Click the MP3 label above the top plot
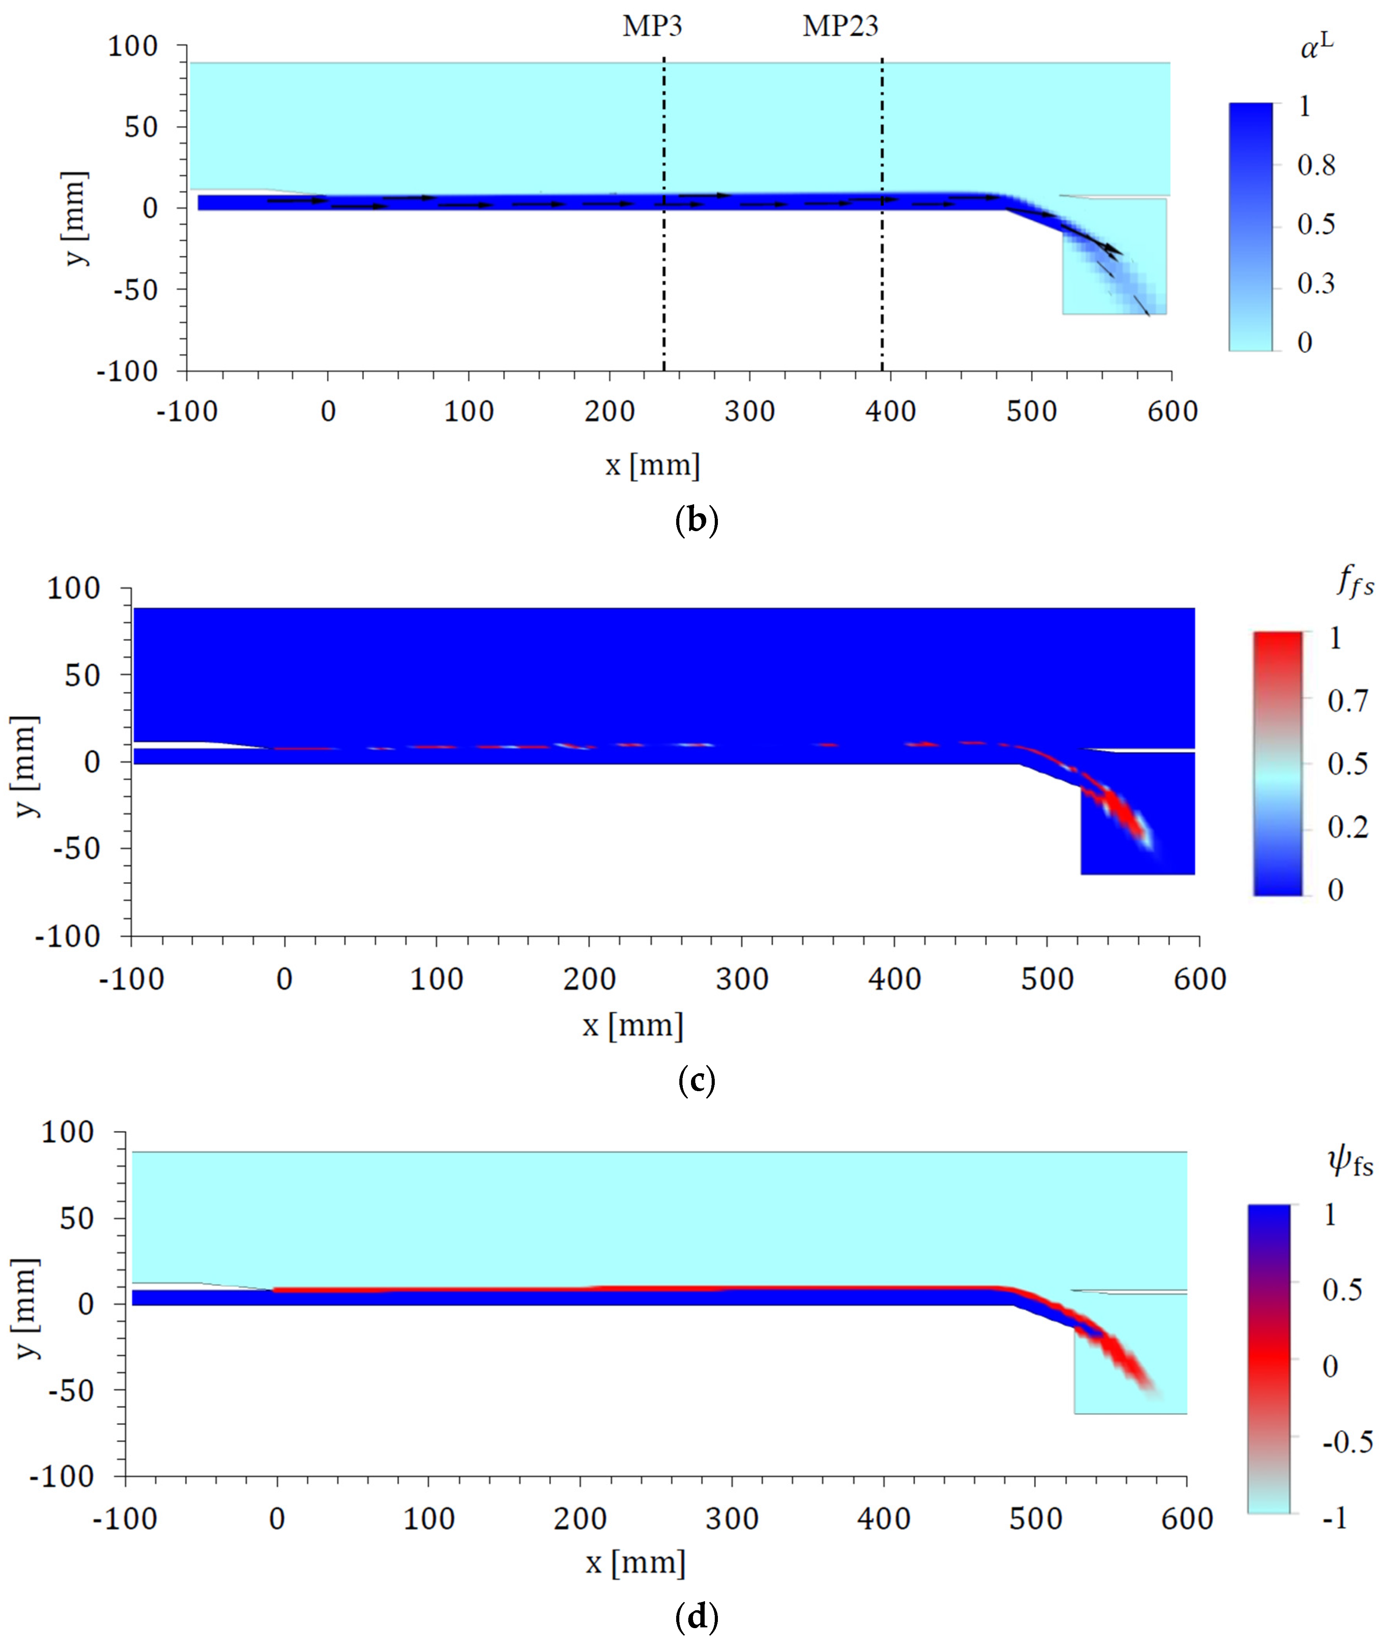652,26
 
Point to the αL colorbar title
1316,47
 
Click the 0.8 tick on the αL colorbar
1316,165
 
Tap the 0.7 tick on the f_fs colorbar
1348,701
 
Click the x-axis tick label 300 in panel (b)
750,411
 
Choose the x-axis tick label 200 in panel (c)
589,979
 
